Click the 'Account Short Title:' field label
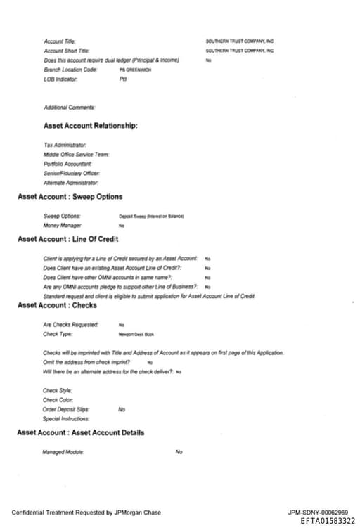67,51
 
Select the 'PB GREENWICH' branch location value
135,70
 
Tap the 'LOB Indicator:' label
60,79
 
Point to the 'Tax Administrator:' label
65,145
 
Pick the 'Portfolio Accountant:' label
67,163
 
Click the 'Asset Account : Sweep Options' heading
70,197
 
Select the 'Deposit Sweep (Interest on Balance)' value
151,216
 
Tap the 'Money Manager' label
62,225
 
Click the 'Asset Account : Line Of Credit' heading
67,240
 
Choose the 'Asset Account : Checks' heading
57,305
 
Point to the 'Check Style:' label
58,390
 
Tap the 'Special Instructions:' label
67,418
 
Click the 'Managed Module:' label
63,452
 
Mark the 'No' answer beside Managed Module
179,452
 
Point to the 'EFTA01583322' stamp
327,521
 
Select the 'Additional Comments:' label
69,107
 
